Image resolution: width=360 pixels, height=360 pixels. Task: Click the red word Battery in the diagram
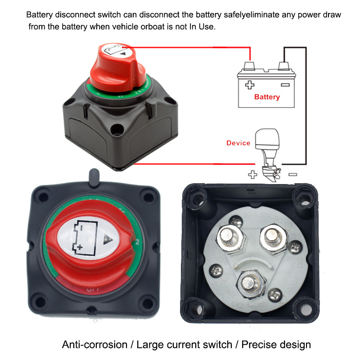(267, 97)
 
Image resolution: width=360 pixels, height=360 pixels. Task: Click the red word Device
(238, 143)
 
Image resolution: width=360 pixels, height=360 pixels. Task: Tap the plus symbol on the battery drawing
(249, 84)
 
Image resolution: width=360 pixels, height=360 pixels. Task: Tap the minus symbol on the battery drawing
(284, 84)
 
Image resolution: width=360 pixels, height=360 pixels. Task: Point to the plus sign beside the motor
(253, 175)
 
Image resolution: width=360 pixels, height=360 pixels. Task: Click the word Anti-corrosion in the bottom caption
(94, 345)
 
